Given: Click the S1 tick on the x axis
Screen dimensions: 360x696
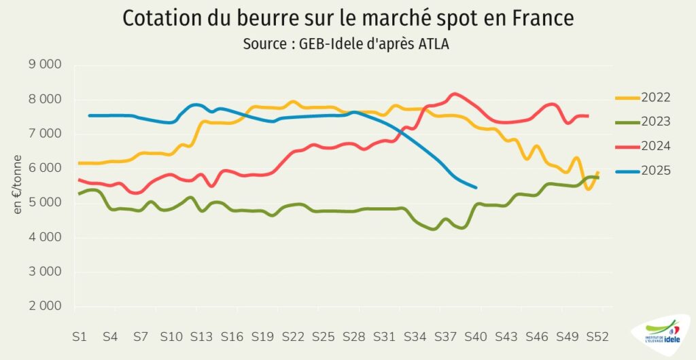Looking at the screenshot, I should point(80,336).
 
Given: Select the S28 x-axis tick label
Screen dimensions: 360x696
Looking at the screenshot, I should point(354,336).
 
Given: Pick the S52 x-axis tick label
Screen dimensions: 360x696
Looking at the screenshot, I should point(597,336).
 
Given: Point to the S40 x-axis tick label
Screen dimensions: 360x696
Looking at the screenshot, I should point(476,336).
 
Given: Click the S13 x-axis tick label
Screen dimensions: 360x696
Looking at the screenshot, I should point(201,336).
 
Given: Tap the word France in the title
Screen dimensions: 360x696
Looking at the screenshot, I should point(540,19).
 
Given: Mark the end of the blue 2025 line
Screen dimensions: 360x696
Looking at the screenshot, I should point(475,187).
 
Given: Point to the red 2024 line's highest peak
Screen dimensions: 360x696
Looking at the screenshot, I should point(455,94).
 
